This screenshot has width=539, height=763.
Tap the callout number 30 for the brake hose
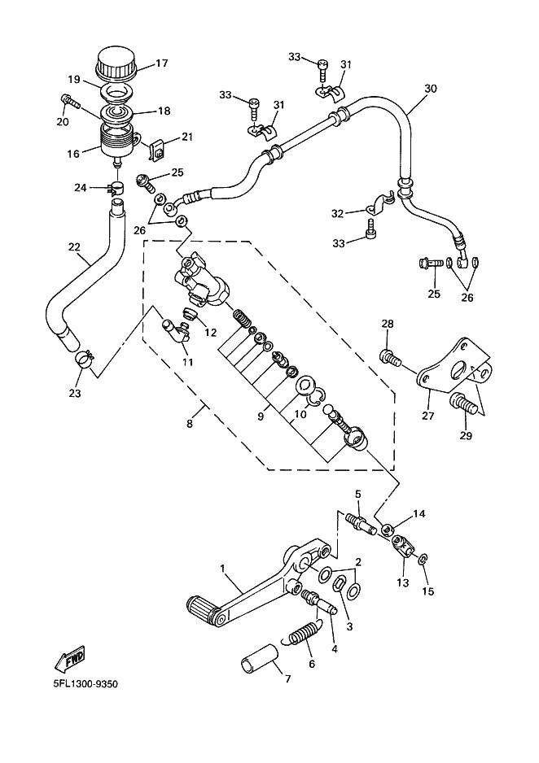[x=431, y=89]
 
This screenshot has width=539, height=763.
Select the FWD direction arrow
[x=71, y=658]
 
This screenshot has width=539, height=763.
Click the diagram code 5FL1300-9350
[x=85, y=684]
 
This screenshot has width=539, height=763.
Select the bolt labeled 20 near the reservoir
[x=70, y=103]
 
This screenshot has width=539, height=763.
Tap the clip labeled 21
[x=156, y=150]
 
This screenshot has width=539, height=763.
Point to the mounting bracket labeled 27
[x=454, y=364]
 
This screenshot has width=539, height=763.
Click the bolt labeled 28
[x=391, y=359]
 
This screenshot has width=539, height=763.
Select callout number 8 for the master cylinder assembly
[x=190, y=423]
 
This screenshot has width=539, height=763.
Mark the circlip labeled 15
[x=424, y=560]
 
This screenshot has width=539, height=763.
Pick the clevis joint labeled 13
[x=403, y=546]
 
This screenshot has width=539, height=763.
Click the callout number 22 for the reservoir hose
[x=74, y=246]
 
